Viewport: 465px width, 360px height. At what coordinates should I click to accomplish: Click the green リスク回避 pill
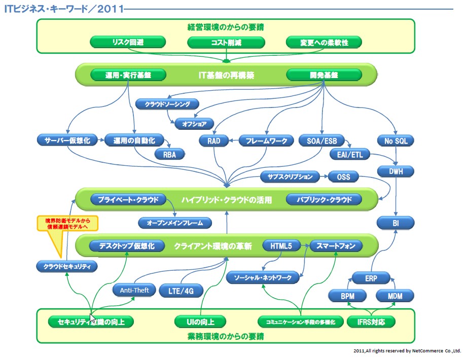[128, 42]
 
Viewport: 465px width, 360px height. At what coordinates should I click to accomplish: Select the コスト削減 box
[226, 42]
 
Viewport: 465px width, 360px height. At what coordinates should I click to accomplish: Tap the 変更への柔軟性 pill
[324, 42]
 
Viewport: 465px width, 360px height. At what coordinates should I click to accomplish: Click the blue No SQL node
[396, 140]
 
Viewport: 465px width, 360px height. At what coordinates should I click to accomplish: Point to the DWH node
[396, 172]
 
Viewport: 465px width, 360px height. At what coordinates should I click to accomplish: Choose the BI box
[396, 223]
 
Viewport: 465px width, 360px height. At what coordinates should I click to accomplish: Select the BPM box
[347, 295]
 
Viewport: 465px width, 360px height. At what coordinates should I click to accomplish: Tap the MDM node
[395, 295]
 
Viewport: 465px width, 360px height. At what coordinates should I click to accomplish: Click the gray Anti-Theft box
[134, 291]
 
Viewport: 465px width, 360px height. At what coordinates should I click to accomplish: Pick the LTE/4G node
[181, 291]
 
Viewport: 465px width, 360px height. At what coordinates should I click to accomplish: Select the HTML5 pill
[281, 246]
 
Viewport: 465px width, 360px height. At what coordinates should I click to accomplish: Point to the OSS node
[343, 177]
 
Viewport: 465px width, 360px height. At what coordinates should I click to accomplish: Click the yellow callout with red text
[67, 223]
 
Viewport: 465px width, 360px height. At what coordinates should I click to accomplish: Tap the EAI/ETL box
[350, 154]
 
